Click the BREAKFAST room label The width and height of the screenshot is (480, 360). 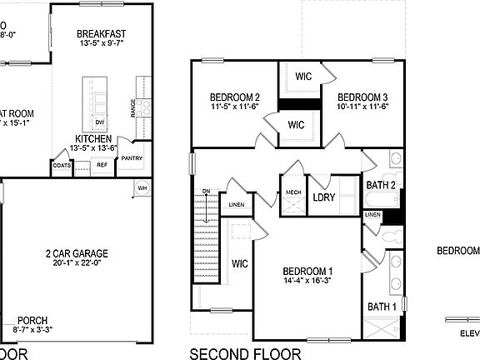(x=100, y=34)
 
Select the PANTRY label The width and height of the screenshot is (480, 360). (x=132, y=158)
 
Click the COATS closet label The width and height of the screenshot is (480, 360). (x=62, y=165)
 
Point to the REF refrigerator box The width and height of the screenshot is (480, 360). (x=102, y=165)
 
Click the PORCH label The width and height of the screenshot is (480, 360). (x=32, y=320)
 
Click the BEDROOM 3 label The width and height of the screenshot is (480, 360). (x=363, y=97)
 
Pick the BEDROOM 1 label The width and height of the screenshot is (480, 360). (x=307, y=272)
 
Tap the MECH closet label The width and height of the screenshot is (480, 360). (x=293, y=192)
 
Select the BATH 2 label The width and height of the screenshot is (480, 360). (x=381, y=185)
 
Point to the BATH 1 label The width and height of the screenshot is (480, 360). (x=382, y=307)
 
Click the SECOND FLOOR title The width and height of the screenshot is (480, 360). (x=245, y=353)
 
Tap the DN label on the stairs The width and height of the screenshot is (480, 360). (x=206, y=192)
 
